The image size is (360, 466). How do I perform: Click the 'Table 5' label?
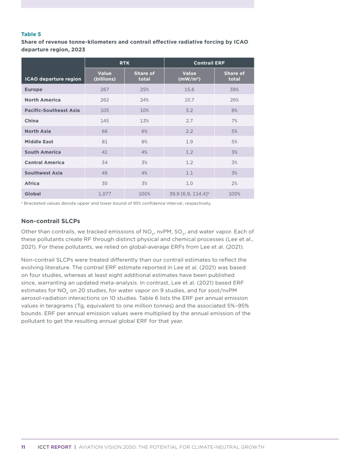click(31, 34)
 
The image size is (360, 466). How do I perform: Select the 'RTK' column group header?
click(124, 63)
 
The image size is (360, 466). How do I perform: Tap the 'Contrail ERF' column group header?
click(209, 63)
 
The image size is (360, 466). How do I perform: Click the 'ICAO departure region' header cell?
click(53, 79)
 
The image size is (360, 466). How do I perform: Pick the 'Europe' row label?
click(33, 90)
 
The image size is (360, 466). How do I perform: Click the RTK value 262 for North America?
click(105, 100)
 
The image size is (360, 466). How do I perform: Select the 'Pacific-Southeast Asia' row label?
click(52, 110)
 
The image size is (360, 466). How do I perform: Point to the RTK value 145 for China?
click(105, 121)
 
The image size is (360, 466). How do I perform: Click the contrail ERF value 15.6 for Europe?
click(189, 90)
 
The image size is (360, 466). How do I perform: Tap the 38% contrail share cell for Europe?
click(234, 90)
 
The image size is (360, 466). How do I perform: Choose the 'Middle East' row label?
click(39, 142)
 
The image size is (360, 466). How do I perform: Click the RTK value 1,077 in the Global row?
click(105, 194)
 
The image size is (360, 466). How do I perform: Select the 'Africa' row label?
click(32, 183)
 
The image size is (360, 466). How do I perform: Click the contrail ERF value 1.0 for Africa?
click(189, 183)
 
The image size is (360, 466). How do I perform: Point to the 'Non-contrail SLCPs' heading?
click(51, 221)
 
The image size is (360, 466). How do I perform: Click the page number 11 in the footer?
click(23, 447)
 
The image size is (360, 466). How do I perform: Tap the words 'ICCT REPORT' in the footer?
click(54, 447)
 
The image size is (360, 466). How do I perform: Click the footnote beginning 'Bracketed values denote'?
click(117, 203)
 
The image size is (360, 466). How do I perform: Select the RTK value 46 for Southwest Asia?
click(105, 173)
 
